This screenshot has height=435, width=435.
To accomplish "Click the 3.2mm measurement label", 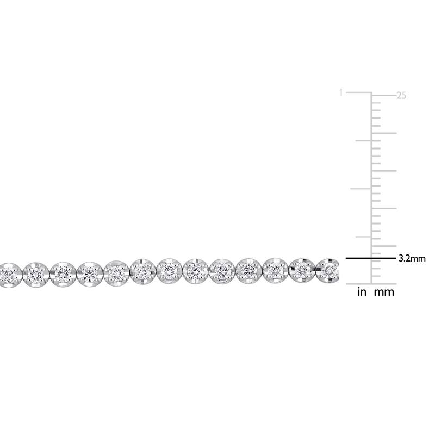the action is tap(412, 259).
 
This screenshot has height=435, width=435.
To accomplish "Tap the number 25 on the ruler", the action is tap(401, 96).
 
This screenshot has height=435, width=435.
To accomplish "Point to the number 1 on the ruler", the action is tap(341, 92).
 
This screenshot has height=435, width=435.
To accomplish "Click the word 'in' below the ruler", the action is tap(362, 292).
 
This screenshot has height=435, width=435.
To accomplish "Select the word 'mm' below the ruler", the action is tap(384, 293).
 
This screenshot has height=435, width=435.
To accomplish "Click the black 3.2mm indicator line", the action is tap(371, 258).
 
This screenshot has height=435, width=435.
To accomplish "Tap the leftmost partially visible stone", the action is tap(9, 275).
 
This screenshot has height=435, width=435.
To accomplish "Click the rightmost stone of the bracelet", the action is tap(328, 270).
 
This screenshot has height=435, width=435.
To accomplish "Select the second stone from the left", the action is tap(36, 275).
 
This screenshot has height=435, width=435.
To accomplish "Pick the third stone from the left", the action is tap(63, 274).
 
